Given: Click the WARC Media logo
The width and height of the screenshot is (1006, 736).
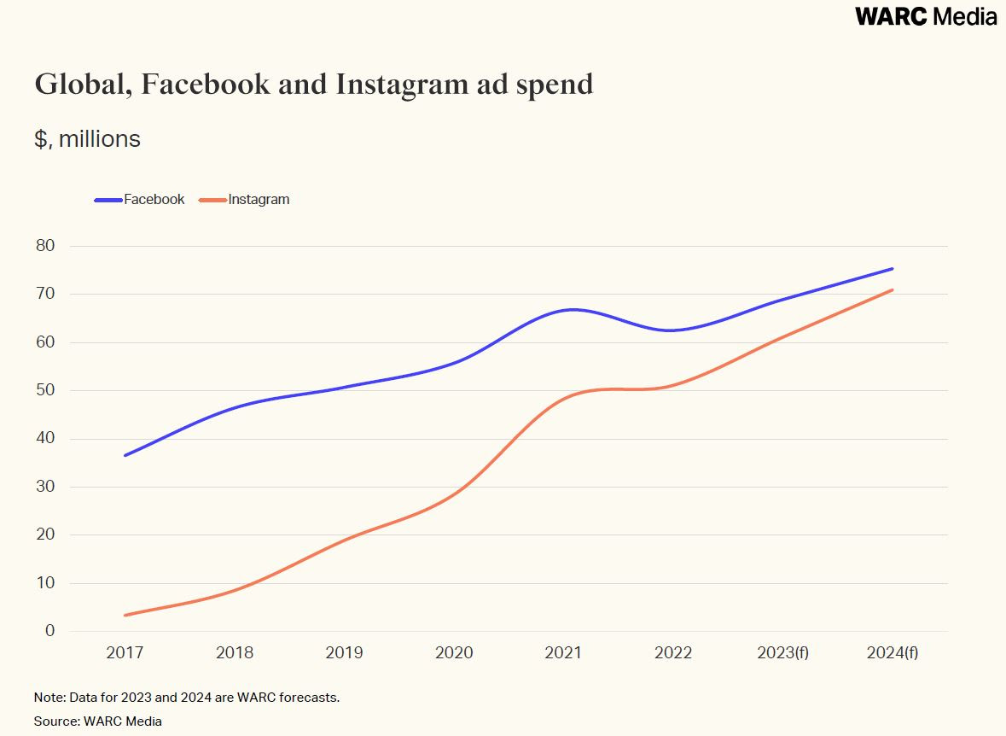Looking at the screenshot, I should [x=926, y=16].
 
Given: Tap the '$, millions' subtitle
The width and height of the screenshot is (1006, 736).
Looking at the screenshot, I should [x=87, y=139].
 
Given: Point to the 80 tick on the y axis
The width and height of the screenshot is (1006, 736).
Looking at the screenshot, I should [x=44, y=246].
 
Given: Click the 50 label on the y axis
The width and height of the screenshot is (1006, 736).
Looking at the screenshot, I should [x=44, y=390].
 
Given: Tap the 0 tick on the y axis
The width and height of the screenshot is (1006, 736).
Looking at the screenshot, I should [x=49, y=631].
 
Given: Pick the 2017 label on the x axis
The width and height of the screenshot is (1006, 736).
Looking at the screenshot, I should [x=125, y=653].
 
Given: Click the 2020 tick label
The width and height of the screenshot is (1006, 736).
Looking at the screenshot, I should [x=454, y=653].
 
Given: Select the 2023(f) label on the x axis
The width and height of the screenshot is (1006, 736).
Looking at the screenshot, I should [x=782, y=653].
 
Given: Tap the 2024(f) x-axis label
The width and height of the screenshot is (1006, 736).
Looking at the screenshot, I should [x=893, y=653].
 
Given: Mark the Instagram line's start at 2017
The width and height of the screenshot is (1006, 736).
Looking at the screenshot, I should [x=125, y=615].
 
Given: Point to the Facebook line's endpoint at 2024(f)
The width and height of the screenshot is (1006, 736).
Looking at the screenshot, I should [x=892, y=269].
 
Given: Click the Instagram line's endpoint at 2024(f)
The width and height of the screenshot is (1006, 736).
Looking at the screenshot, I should [x=892, y=290].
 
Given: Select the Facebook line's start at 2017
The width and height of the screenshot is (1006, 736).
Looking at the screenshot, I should [x=125, y=455].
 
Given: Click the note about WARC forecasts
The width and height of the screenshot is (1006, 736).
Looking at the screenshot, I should [x=187, y=698].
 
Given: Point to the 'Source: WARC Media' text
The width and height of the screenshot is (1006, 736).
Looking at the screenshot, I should [x=98, y=721].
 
